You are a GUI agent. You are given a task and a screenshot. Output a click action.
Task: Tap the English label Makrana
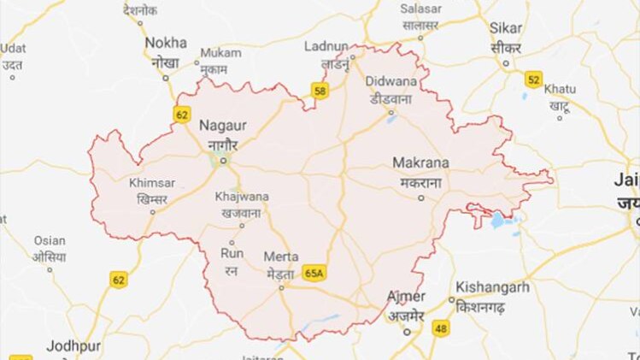[420, 162]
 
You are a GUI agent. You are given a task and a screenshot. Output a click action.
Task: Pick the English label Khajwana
[242, 197]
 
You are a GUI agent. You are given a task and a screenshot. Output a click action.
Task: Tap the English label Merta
[280, 257]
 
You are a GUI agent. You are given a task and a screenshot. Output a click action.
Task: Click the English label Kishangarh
[492, 287]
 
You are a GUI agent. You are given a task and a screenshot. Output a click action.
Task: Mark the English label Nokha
[166, 42]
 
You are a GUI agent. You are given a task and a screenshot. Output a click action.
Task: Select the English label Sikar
[506, 27]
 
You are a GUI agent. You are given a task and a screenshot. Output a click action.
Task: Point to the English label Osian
[50, 241]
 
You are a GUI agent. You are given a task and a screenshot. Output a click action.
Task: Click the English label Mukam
[220, 53]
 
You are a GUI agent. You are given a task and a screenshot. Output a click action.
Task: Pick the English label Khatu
[560, 88]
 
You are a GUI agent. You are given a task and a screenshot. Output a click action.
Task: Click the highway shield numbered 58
[320, 89]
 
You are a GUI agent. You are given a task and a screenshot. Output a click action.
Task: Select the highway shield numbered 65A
[314, 272]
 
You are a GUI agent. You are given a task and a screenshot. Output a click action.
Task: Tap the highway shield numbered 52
[534, 80]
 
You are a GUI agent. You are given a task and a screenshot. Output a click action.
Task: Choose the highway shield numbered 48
[441, 327]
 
